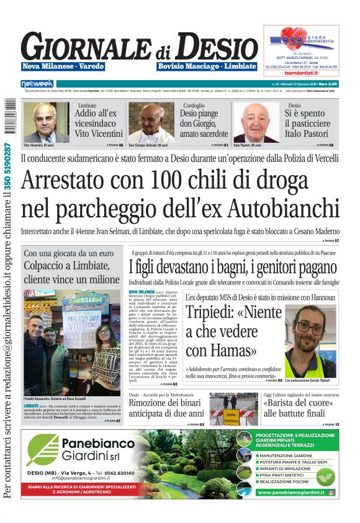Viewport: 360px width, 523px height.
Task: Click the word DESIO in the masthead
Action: [217, 47]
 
